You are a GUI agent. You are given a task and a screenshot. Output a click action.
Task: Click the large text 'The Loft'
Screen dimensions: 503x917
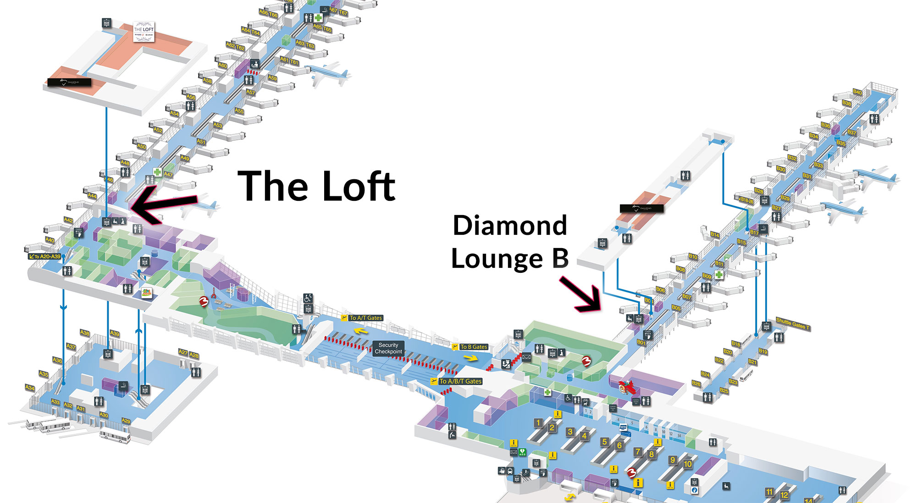coord(316,186)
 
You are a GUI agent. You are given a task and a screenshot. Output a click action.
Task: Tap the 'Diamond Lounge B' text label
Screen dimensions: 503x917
coord(510,242)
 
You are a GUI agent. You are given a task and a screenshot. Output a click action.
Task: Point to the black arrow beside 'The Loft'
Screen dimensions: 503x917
coord(163,205)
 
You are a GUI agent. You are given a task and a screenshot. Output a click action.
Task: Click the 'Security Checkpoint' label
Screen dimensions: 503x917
coord(388,348)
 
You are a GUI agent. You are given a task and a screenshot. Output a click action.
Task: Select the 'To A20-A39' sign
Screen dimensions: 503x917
coord(45,256)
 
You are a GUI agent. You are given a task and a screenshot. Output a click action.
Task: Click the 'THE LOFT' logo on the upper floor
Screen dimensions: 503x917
coord(144,32)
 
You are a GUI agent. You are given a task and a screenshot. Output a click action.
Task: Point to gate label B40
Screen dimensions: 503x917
coord(857,92)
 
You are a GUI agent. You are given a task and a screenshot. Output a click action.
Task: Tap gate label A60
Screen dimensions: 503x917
coord(222,66)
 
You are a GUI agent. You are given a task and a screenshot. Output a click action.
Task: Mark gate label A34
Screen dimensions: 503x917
coord(29,388)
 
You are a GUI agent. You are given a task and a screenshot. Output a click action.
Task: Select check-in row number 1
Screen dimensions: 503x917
coord(539,422)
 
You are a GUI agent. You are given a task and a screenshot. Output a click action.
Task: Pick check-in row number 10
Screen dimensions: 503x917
coord(687,464)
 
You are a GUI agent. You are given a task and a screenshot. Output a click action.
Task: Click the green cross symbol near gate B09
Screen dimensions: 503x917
coord(719,274)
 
